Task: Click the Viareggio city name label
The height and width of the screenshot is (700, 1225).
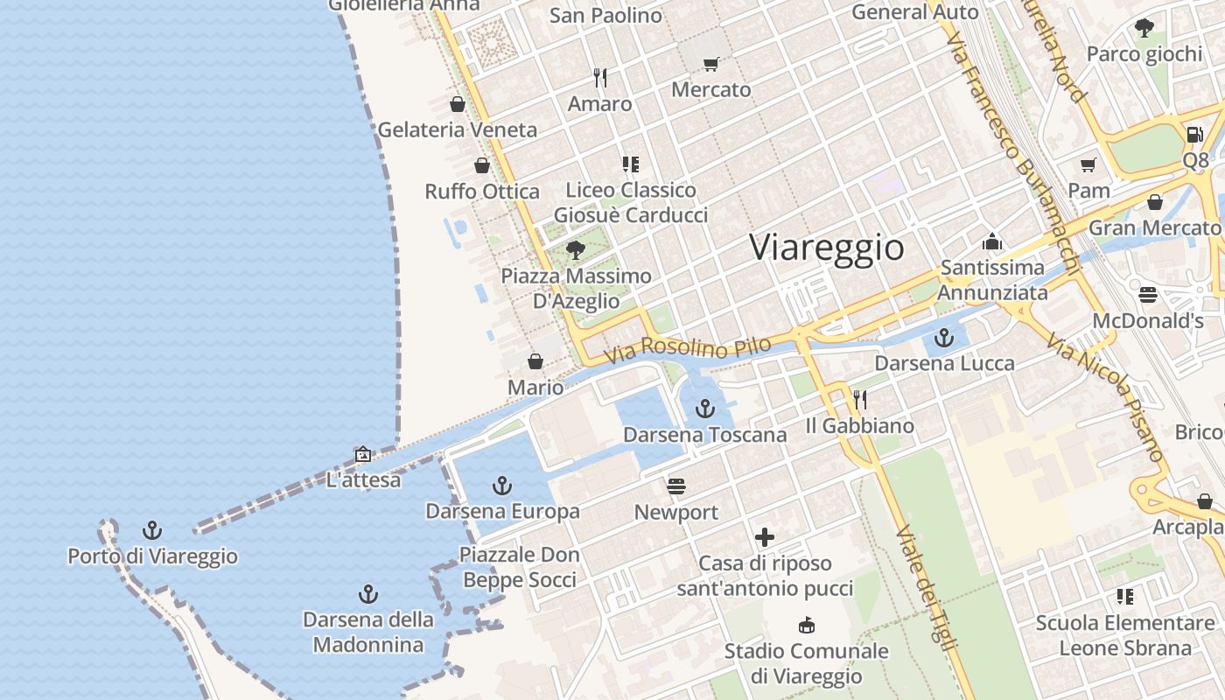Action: (x=827, y=248)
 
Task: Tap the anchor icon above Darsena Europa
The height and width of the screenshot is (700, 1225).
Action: (x=502, y=485)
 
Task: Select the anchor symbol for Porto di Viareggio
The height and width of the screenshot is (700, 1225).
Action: (x=152, y=530)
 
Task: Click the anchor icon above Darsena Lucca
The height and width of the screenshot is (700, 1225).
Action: (x=944, y=337)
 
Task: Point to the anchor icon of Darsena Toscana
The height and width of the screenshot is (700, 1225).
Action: (x=704, y=409)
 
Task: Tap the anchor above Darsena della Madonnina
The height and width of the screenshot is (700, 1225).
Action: (x=368, y=595)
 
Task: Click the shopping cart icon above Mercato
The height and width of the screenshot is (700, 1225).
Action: (x=710, y=64)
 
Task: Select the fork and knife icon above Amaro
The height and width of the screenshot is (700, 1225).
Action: (x=600, y=78)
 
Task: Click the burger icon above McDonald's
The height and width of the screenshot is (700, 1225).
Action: (x=1148, y=295)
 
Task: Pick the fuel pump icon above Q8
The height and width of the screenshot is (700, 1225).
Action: (x=1194, y=135)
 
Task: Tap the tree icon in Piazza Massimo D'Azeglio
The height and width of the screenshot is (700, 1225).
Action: (x=576, y=250)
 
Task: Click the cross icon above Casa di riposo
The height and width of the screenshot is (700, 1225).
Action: (x=766, y=537)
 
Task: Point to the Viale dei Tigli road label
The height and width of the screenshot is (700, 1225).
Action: (x=925, y=587)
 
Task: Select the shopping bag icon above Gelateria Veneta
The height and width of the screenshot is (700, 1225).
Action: (x=457, y=104)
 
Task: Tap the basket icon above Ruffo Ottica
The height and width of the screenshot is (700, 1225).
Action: (x=481, y=165)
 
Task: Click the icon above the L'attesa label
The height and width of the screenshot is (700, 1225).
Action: (x=363, y=454)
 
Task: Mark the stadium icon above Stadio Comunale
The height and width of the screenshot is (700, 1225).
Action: (x=806, y=626)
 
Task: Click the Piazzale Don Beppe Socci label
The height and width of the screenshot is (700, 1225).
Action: (x=520, y=567)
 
